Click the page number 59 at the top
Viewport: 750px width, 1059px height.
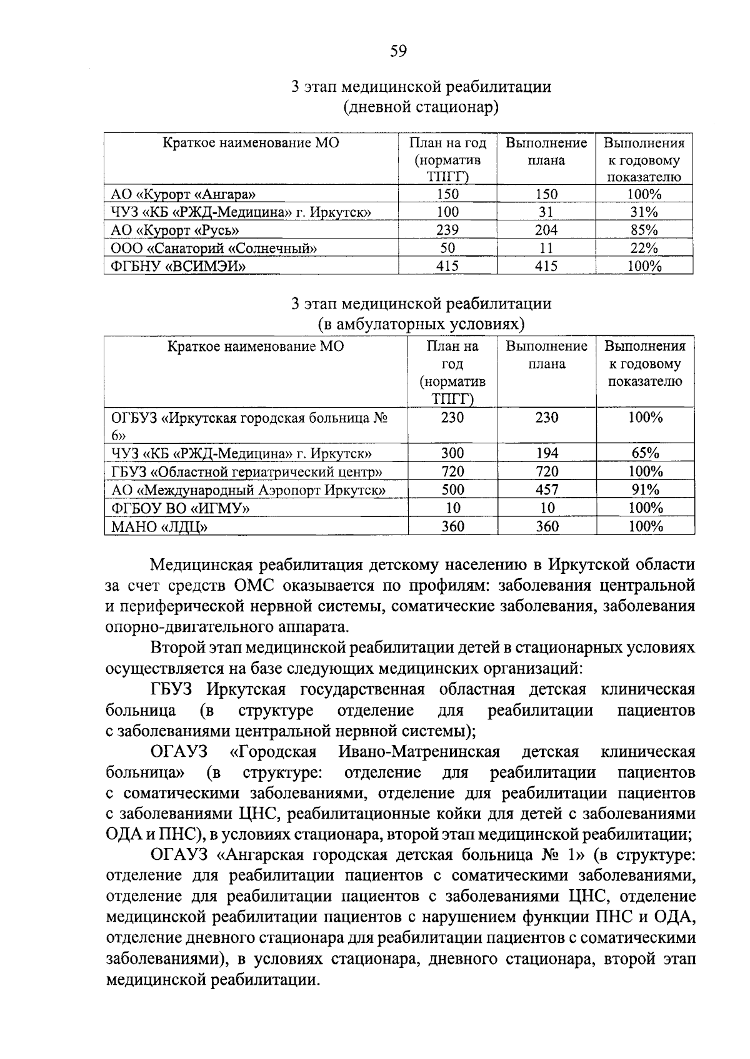(x=398, y=51)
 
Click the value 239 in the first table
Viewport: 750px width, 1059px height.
(x=447, y=230)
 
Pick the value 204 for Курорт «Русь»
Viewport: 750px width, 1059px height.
(x=546, y=230)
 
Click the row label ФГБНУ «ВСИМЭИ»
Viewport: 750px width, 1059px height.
(x=178, y=267)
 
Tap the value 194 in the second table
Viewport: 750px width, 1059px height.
(x=546, y=453)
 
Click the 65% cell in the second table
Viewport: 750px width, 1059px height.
(x=645, y=453)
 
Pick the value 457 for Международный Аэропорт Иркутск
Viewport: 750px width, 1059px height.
(x=546, y=490)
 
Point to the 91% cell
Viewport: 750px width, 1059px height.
(x=645, y=490)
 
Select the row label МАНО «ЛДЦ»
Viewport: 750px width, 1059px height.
(x=159, y=527)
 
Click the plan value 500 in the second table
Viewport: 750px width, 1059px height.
(x=452, y=490)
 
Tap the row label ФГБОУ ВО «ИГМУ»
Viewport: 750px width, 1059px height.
(x=181, y=508)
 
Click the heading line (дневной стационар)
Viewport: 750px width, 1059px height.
(x=421, y=107)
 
